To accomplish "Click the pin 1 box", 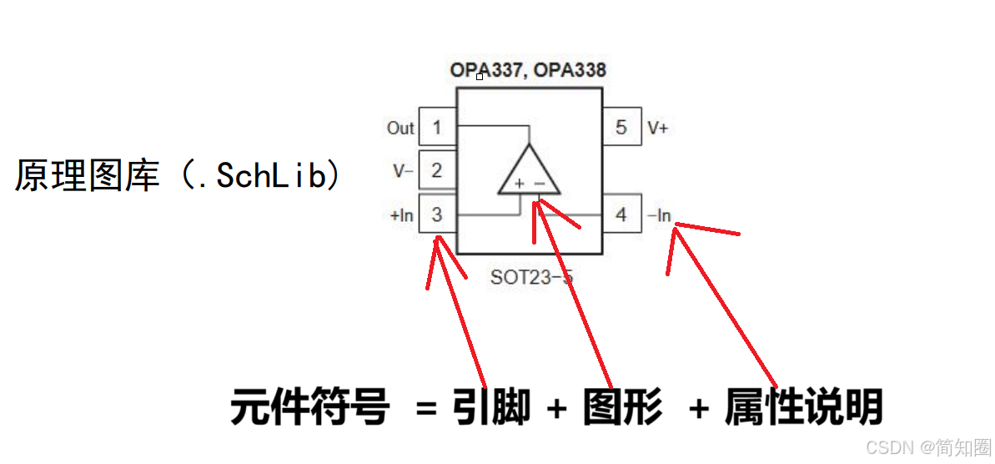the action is (x=437, y=128).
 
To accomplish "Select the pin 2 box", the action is (x=437, y=171).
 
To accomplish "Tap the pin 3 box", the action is (x=437, y=214).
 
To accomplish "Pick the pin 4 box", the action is (x=621, y=214).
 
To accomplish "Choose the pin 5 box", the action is (x=621, y=128).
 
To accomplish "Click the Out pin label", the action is (x=400, y=128).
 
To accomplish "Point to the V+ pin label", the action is (x=658, y=129).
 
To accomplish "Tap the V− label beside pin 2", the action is (x=404, y=171).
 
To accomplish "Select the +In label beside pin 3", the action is (x=402, y=215).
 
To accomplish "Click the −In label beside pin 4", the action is (x=659, y=215).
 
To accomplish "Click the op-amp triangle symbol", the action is (x=529, y=173).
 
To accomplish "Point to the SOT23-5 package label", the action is (x=532, y=277).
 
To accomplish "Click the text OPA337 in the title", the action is (x=484, y=70).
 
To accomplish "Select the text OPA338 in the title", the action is (x=570, y=70).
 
